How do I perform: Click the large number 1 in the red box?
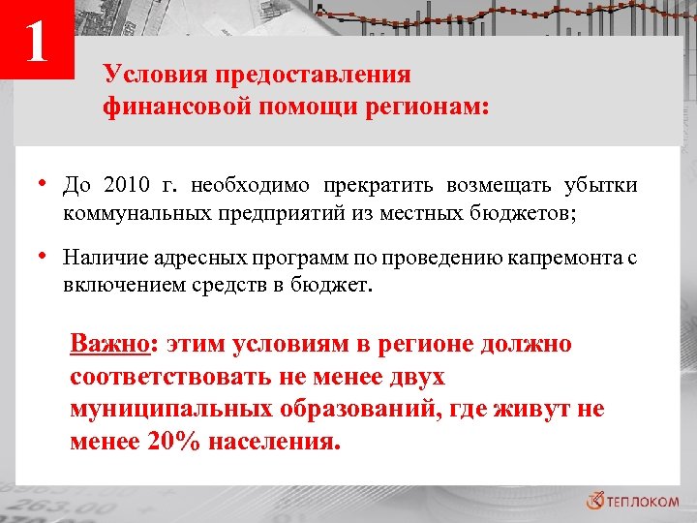click(x=37, y=42)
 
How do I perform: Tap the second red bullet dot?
click(x=45, y=257)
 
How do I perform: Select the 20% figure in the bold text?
click(x=172, y=443)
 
